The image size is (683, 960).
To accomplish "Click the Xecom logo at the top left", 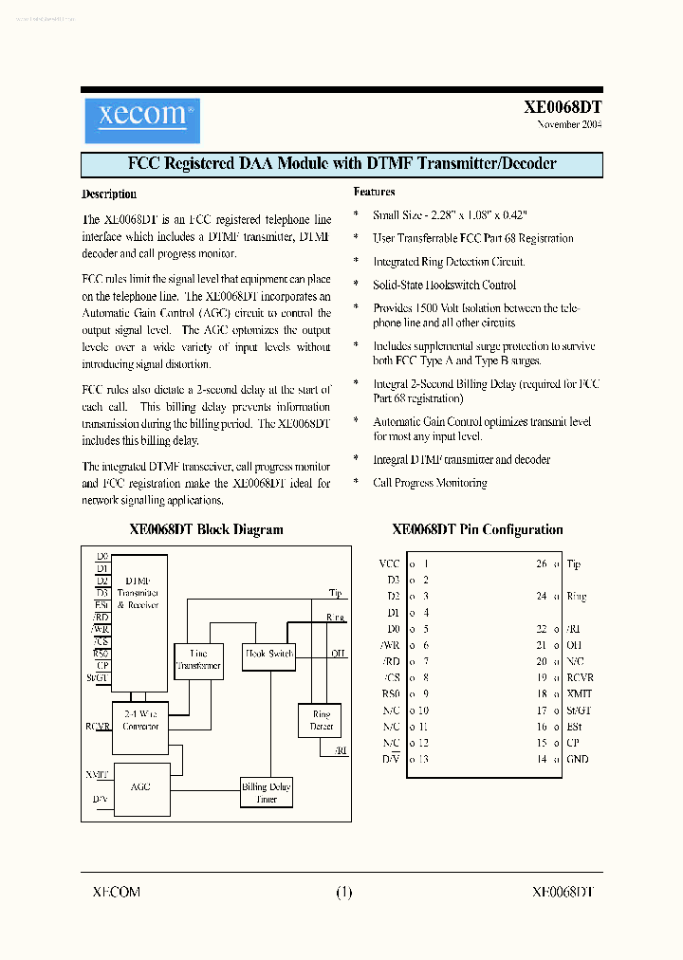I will pyautogui.click(x=141, y=118).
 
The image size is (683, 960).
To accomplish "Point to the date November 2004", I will pyautogui.click(x=569, y=124).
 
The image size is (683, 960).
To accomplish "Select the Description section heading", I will pyautogui.click(x=109, y=194).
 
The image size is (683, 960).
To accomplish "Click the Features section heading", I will pyautogui.click(x=374, y=192).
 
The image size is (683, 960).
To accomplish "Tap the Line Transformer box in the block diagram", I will pyautogui.click(x=198, y=659).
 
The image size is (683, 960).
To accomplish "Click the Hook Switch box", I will pyautogui.click(x=269, y=654).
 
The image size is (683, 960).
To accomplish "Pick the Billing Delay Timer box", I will pyautogui.click(x=267, y=793).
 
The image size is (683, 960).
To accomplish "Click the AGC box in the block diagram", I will pyautogui.click(x=139, y=786).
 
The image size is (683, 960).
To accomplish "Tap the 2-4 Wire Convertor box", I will pyautogui.click(x=140, y=720).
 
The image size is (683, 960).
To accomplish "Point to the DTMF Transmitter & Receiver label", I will pyautogui.click(x=138, y=593).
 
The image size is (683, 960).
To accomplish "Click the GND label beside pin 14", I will pyautogui.click(x=577, y=759).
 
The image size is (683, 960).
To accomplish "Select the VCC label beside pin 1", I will pyautogui.click(x=389, y=563).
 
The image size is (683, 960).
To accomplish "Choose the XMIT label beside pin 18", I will pyautogui.click(x=579, y=693).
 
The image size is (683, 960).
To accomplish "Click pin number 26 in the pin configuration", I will pyautogui.click(x=542, y=563).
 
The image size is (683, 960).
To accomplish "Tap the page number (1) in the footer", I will pyautogui.click(x=343, y=892).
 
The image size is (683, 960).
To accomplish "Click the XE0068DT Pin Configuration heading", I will pyautogui.click(x=477, y=530).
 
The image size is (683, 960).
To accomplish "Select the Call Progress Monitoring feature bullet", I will pyautogui.click(x=430, y=483).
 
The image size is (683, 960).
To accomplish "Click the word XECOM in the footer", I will pyautogui.click(x=116, y=892).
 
